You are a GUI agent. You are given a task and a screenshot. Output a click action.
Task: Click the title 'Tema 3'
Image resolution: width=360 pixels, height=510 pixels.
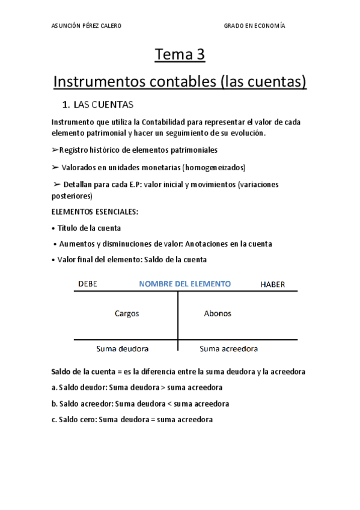(x=180, y=55)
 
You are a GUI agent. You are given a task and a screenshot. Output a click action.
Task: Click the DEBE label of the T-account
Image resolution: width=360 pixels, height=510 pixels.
(x=88, y=284)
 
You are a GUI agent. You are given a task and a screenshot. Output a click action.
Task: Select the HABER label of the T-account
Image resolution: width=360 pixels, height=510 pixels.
(x=272, y=284)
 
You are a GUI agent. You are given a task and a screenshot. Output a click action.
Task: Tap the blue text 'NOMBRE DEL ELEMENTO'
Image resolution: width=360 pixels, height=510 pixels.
(x=185, y=284)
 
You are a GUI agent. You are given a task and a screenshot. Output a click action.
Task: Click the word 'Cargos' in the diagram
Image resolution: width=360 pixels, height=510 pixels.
(x=127, y=313)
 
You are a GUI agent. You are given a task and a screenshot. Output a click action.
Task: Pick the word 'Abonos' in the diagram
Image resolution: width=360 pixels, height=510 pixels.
(x=218, y=313)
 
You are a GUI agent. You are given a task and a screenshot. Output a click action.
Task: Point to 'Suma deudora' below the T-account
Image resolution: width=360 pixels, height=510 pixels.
(x=123, y=348)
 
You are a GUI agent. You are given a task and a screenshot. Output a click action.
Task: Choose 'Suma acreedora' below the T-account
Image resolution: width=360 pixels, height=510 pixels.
(x=228, y=348)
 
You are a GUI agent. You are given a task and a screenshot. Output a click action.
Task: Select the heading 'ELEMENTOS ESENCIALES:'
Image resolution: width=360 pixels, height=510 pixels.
(x=94, y=212)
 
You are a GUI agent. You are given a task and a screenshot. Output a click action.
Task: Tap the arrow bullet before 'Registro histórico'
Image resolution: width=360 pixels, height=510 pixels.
(x=55, y=149)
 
